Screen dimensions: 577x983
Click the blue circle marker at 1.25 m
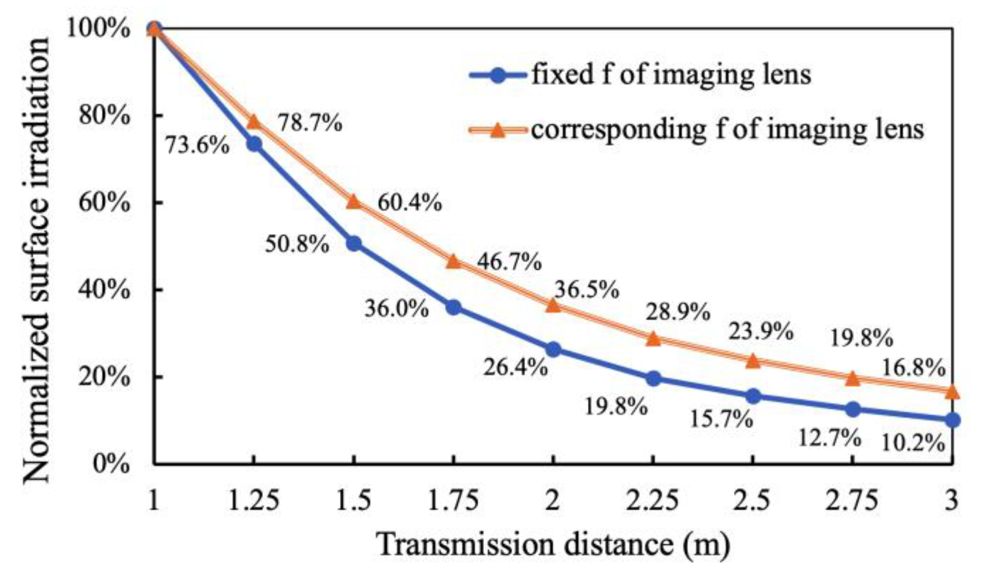254,144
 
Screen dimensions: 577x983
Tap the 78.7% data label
310,122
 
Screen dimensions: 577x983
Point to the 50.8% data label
297,245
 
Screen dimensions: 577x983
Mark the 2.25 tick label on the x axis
653,501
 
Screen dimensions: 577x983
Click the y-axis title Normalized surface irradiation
37,260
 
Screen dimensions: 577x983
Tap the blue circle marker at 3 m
953,420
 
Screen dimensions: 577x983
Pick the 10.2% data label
913,443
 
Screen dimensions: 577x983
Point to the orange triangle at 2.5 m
753,361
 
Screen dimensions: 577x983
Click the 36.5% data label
586,289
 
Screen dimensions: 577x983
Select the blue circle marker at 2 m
553,350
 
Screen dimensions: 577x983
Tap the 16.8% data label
913,368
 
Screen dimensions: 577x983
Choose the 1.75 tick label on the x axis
453,501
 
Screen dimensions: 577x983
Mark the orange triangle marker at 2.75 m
853,378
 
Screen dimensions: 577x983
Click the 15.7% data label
721,419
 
